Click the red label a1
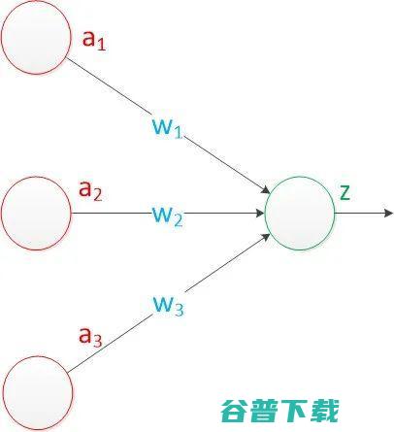(94, 41)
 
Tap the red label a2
(90, 190)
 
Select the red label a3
(90, 337)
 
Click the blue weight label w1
(167, 128)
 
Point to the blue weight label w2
(167, 216)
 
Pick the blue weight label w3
(168, 306)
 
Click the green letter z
(345, 193)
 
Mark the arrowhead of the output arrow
(388, 214)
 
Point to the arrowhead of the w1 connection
(266, 189)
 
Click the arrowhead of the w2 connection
(260, 214)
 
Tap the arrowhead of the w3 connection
(266, 237)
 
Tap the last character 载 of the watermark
(324, 411)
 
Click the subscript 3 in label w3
(179, 310)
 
